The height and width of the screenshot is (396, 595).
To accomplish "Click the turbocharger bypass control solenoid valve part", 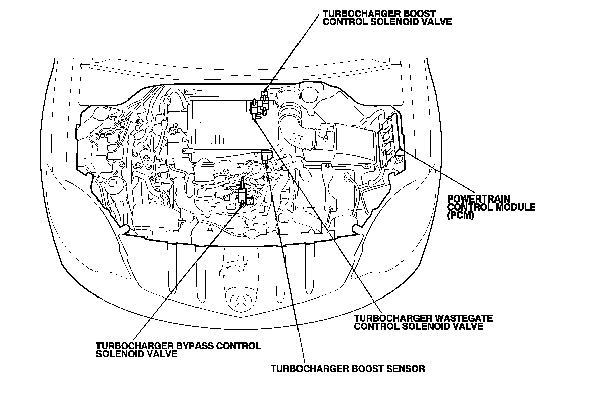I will pos(243,191).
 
